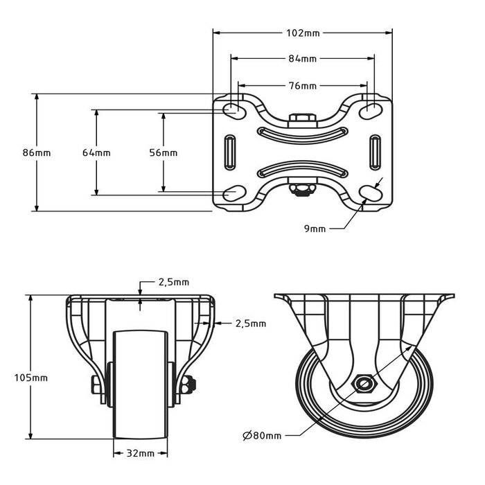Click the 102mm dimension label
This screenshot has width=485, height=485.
coord(302,32)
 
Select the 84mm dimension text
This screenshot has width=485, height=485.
coord(302,59)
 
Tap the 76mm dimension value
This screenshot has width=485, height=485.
coord(302,86)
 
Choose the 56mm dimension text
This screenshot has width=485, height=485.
coord(164,152)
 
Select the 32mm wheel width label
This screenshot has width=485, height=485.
coord(141,454)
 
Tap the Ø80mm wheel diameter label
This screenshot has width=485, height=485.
coord(262,436)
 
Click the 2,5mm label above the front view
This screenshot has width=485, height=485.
coord(173,283)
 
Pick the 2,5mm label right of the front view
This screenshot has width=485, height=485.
coord(250,323)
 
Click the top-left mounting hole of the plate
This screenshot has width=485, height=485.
coord(233,109)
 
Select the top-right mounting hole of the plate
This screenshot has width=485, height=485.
coord(372,109)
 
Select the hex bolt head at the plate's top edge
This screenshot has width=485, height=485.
coord(302,120)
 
